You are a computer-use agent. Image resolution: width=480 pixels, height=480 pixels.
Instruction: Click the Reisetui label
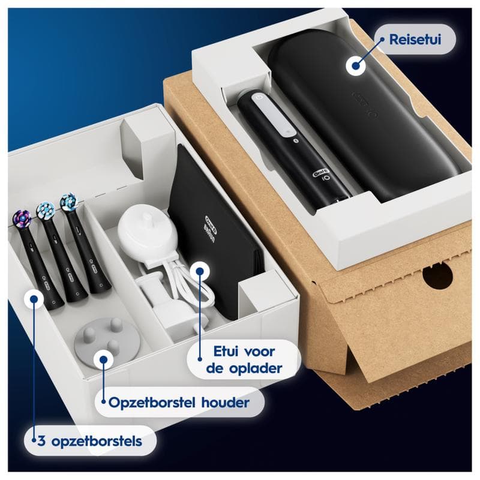[x=415, y=40]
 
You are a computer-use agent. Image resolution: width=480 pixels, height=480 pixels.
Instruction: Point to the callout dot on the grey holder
[x=103, y=360]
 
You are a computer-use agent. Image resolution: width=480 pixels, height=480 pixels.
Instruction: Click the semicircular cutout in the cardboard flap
[x=437, y=275]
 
